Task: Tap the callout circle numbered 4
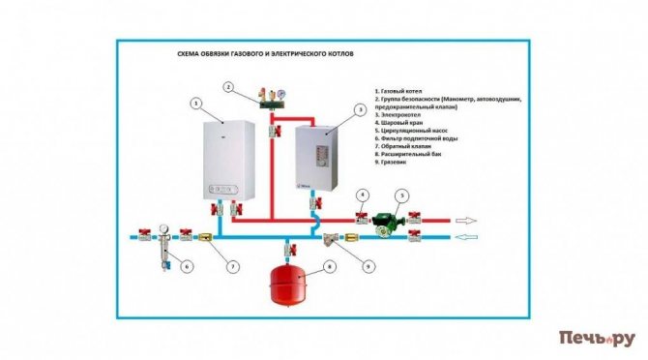point(362,195)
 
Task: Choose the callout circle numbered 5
point(405,195)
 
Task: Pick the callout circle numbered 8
point(331,265)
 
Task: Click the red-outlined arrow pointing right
point(469,220)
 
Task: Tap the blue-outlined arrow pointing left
point(471,235)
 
